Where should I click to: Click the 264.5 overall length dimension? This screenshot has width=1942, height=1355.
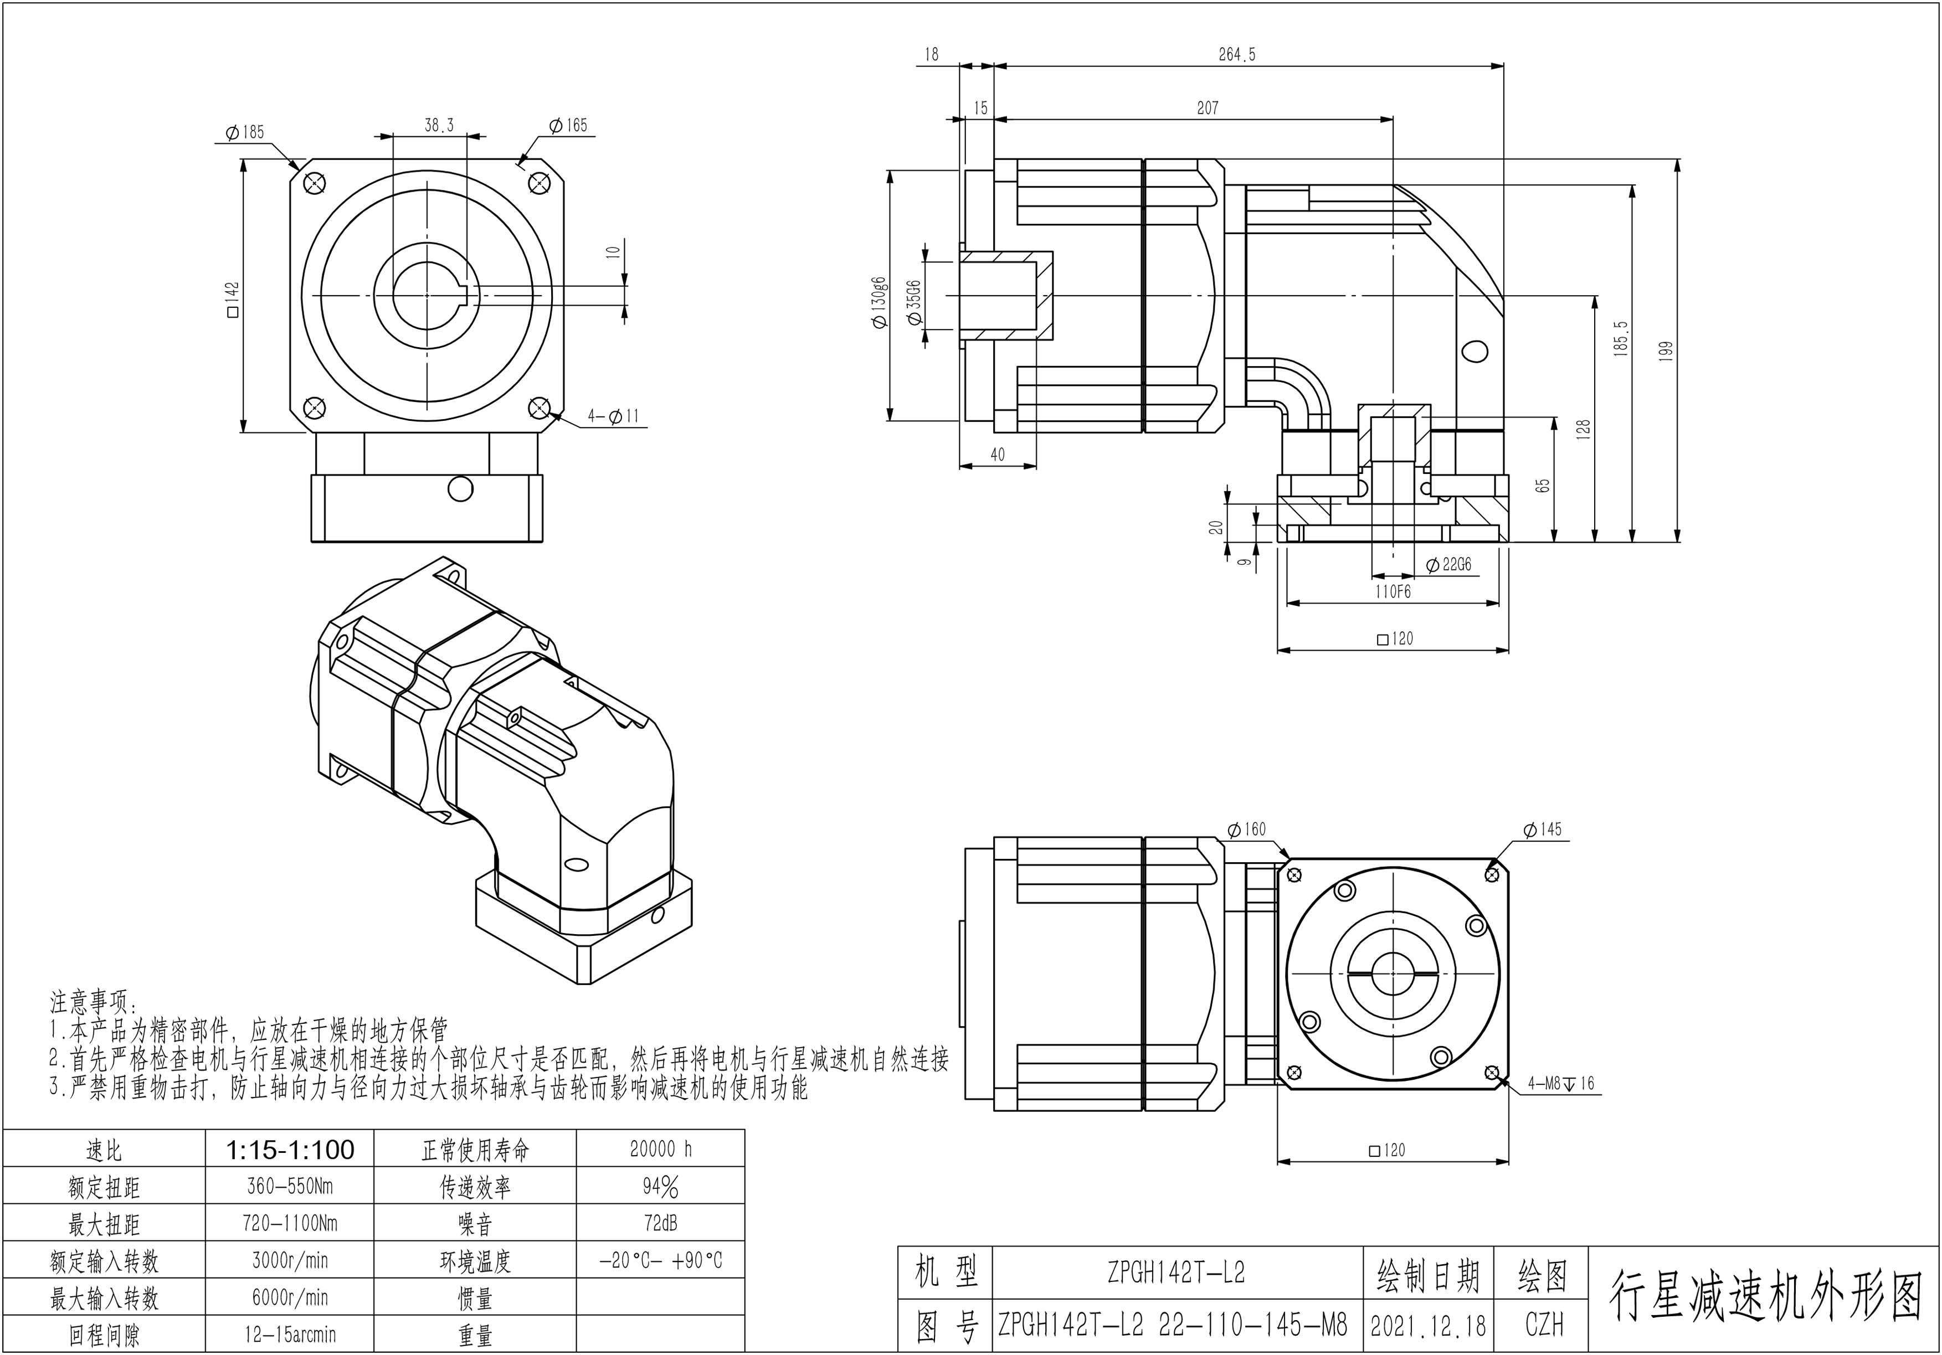1236,55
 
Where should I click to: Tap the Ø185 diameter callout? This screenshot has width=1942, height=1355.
245,132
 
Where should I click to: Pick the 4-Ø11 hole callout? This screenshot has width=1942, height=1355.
614,416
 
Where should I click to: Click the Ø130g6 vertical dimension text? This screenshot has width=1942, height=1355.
880,302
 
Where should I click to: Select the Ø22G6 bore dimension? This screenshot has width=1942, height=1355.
1449,565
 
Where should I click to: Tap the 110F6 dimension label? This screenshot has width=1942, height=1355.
1392,592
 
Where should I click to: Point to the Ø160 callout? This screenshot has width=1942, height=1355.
1247,830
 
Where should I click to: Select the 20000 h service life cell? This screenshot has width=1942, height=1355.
661,1150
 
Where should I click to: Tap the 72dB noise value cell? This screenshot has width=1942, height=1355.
661,1223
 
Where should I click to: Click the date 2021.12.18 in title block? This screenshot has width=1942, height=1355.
1428,1326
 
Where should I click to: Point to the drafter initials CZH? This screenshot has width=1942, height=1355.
1544,1326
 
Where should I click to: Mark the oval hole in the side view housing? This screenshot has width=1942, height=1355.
1475,350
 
